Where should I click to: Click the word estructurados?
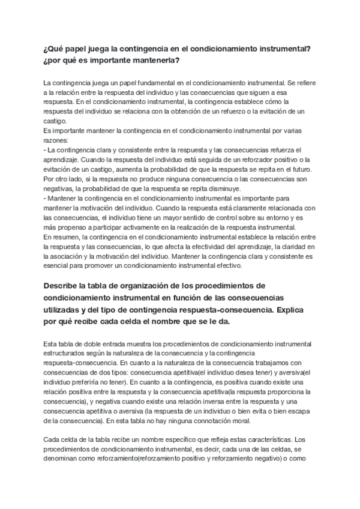click(68, 354)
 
